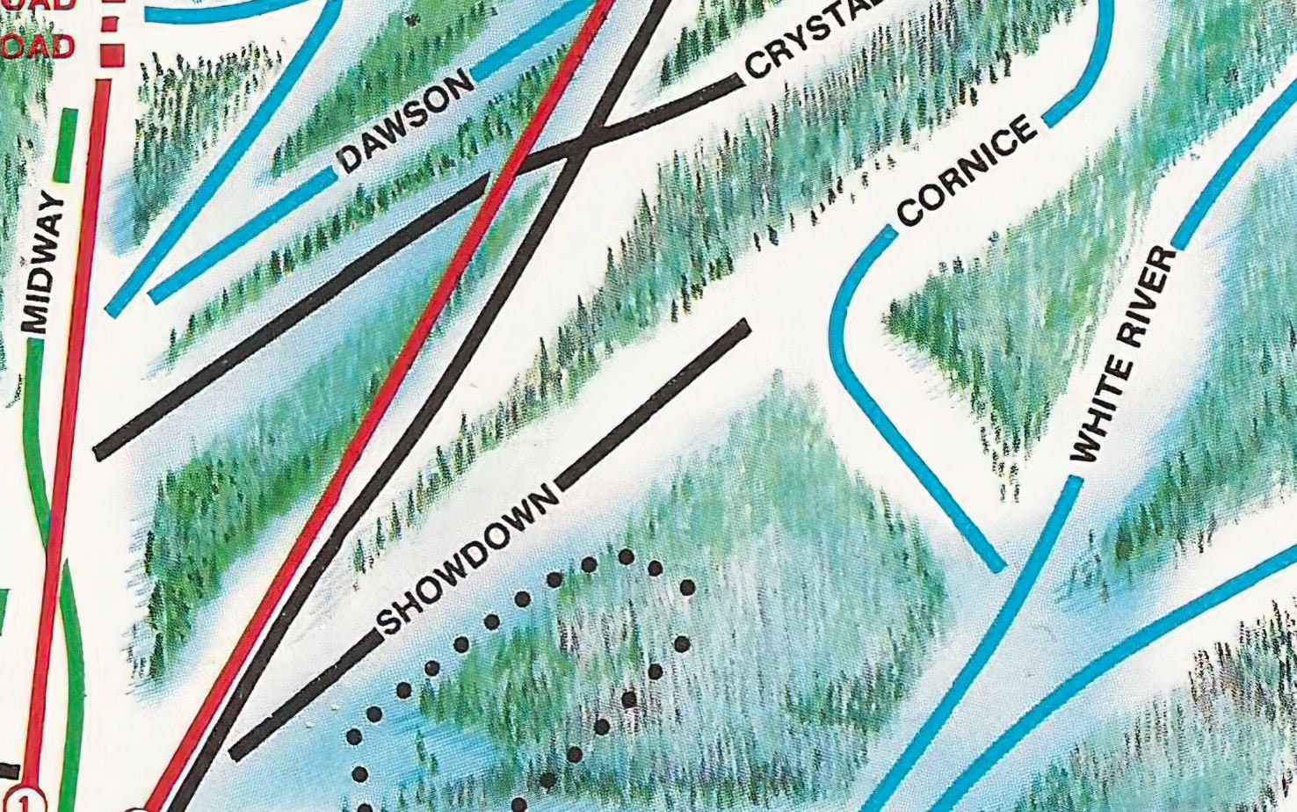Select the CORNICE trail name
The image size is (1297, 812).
[x=967, y=170]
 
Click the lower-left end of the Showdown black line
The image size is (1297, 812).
[x=235, y=753]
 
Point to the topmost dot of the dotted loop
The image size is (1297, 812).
[x=627, y=556]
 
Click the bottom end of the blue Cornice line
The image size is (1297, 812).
[x=999, y=567]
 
